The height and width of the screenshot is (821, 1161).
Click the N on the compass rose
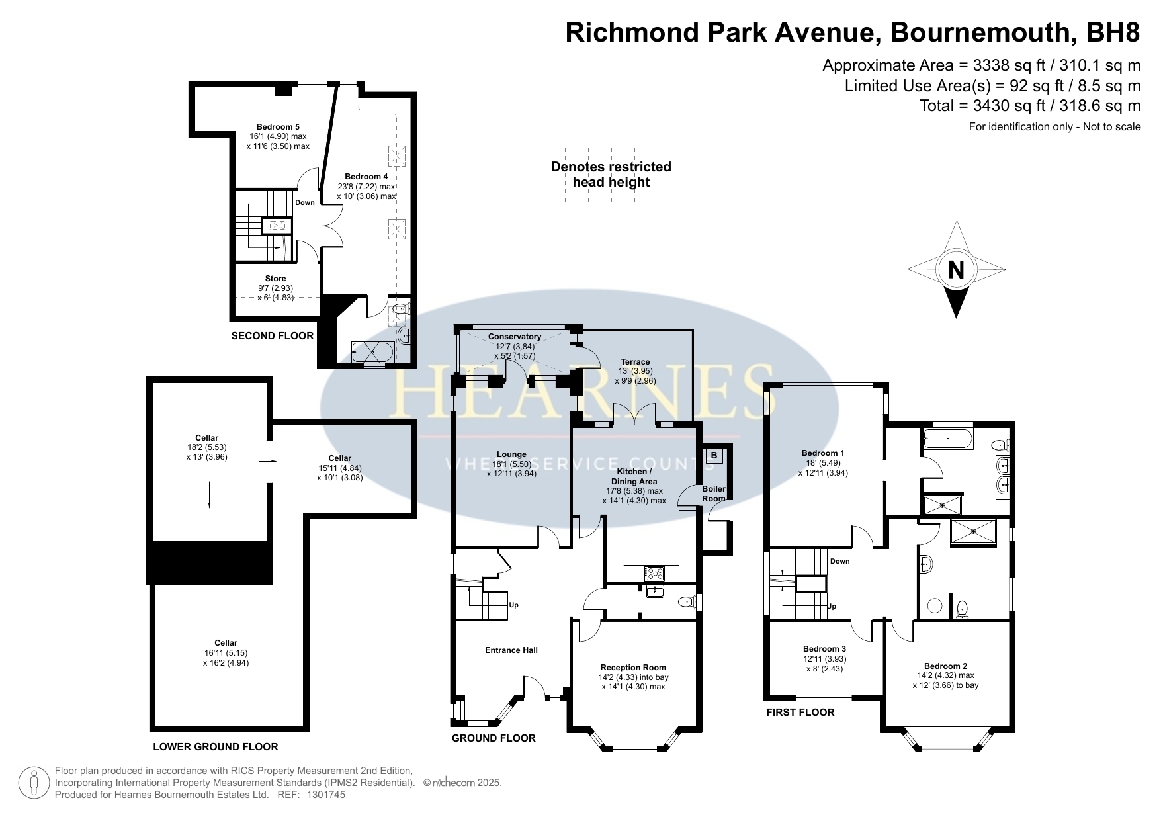[x=956, y=270]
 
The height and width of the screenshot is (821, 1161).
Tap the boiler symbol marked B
[x=714, y=456]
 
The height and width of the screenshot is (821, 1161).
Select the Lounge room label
[x=511, y=454]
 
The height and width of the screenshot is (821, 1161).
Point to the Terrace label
[x=634, y=362]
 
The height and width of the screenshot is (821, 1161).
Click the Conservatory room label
[x=515, y=337]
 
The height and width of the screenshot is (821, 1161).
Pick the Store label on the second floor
[x=275, y=279]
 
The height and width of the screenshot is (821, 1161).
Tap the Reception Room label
[x=633, y=668]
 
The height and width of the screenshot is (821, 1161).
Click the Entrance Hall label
[x=511, y=650]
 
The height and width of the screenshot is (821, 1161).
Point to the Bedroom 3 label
[x=824, y=649]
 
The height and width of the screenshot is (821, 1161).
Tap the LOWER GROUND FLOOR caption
[x=216, y=747]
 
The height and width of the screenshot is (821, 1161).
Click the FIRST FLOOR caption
[x=800, y=713]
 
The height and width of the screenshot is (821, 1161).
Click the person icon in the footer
[x=34, y=783]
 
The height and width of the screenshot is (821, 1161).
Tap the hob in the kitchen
[x=655, y=574]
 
